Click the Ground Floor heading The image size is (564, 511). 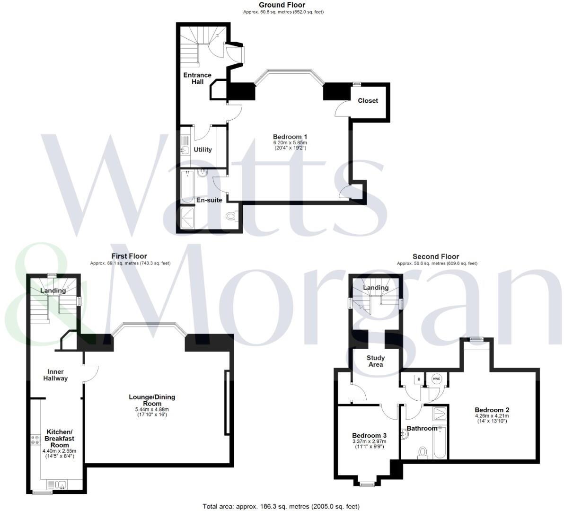point(282,5)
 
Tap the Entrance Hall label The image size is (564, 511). point(197,79)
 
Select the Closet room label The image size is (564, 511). point(368,100)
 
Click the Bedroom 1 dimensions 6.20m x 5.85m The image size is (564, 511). point(290,142)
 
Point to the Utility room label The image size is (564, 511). point(203,150)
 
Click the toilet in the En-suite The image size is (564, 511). point(231,216)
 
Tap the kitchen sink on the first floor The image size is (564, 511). point(58,485)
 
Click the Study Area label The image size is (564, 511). point(376,361)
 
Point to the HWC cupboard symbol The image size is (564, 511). point(436,379)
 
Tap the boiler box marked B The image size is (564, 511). point(418,379)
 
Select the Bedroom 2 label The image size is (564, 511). point(492,410)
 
